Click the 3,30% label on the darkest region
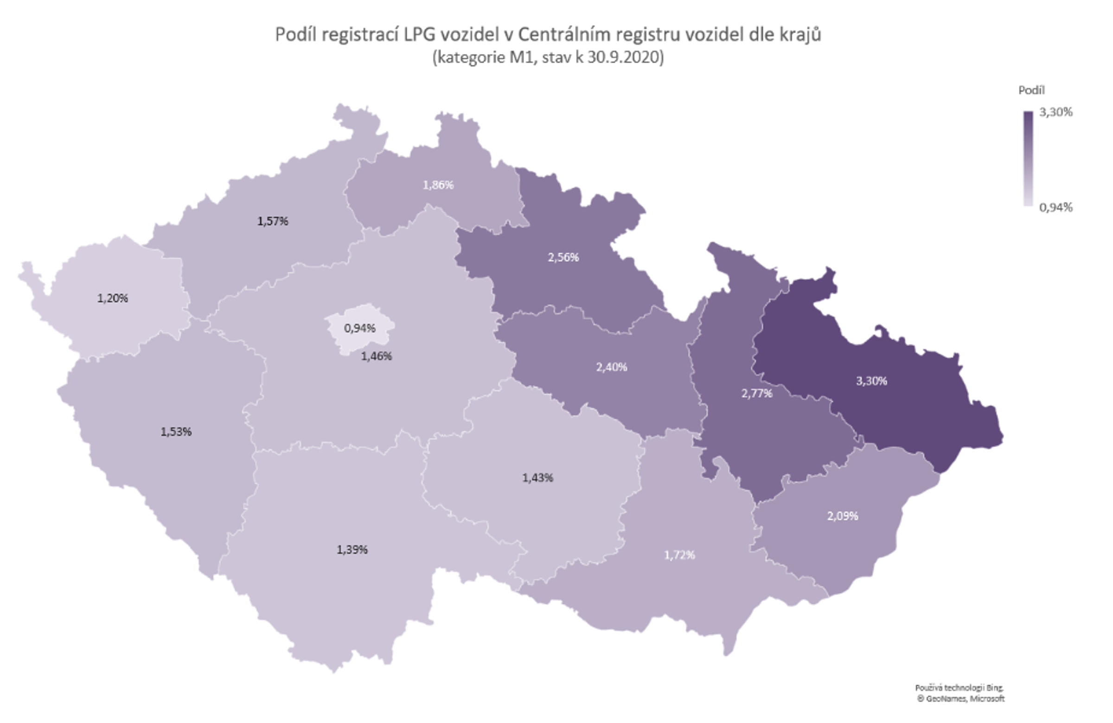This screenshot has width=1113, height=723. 871,381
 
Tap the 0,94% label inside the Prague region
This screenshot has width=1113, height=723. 359,328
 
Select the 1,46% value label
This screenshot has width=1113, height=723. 377,356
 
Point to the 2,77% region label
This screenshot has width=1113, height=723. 757,394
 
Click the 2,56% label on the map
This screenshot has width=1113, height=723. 563,257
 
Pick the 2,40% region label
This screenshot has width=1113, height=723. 611,367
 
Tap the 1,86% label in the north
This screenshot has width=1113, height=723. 438,185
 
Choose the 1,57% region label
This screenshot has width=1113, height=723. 273,221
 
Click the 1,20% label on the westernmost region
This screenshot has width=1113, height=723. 112,298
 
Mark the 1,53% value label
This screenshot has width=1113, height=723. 176,432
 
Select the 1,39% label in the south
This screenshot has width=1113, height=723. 352,550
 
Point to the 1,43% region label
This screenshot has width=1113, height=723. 537,478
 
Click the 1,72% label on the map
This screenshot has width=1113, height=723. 679,555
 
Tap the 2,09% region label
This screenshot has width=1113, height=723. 842,516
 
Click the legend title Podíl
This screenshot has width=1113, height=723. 1031,90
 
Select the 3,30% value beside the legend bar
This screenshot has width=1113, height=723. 1055,112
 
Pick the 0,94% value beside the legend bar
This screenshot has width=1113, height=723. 1055,207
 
